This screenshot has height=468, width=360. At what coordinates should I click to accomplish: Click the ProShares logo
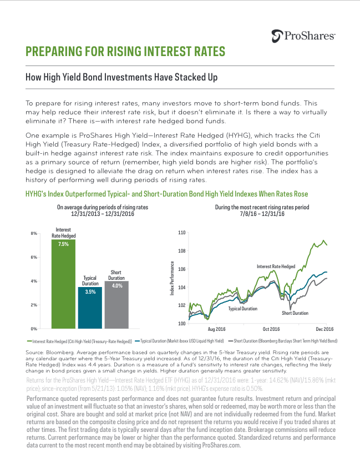point(303,36)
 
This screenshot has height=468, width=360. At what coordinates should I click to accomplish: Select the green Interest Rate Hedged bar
point(63,284)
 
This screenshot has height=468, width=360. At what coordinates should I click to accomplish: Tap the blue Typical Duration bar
point(90,308)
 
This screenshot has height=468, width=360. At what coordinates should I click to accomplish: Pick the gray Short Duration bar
point(116,305)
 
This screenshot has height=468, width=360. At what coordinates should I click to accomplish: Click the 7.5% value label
point(63,244)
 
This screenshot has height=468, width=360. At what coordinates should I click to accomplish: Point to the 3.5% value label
point(90,292)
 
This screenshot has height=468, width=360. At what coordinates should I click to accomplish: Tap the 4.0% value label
point(117,286)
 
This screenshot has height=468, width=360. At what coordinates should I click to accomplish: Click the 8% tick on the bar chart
point(34,233)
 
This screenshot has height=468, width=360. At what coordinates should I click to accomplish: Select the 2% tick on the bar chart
point(34,305)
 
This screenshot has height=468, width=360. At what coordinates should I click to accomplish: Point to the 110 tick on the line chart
point(181,233)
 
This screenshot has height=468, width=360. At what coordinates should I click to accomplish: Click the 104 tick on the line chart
point(181,288)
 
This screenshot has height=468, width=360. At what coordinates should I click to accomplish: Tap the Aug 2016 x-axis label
point(216,329)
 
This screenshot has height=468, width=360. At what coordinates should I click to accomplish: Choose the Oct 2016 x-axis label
point(271,329)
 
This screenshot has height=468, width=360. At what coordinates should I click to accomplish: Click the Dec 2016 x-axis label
point(324,329)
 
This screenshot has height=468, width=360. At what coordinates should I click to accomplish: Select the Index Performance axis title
point(172,278)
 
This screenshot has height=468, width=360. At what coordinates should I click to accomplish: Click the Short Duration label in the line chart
point(295,313)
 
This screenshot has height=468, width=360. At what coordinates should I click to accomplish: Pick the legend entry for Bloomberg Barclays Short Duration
point(283,341)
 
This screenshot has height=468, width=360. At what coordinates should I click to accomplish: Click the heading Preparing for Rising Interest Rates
point(125,51)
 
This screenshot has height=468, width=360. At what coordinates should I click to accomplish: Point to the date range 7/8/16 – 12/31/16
point(262,214)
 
